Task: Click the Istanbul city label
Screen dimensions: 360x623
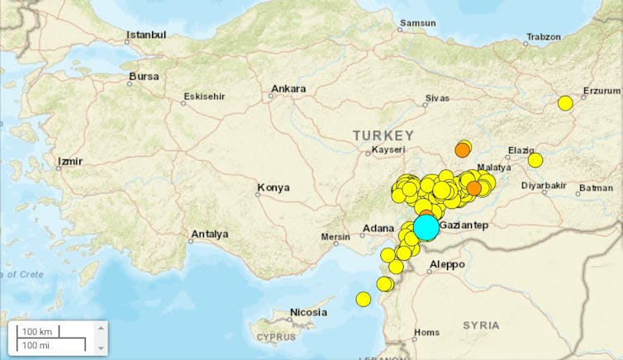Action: pyautogui.click(x=145, y=36)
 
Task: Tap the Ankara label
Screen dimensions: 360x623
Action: pyautogui.click(x=288, y=89)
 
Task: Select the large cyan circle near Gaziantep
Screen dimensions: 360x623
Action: pyautogui.click(x=426, y=227)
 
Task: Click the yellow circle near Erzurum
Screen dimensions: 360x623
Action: pyautogui.click(x=565, y=103)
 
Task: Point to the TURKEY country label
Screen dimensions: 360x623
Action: pyautogui.click(x=383, y=135)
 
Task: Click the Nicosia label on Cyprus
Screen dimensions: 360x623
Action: pyautogui.click(x=308, y=313)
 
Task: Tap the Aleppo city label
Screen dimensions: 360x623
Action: pyautogui.click(x=447, y=265)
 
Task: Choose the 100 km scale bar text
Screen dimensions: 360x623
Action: pyautogui.click(x=36, y=331)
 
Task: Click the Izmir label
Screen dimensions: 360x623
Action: pyautogui.click(x=69, y=162)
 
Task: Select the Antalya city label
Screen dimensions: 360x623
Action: pyautogui.click(x=209, y=234)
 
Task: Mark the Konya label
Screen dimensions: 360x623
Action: pyautogui.click(x=273, y=187)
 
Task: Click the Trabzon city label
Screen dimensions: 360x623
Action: pyautogui.click(x=542, y=37)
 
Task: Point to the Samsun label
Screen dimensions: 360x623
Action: pyautogui.click(x=417, y=23)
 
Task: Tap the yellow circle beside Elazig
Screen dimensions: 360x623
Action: pyautogui.click(x=535, y=159)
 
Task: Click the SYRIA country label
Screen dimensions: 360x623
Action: pyautogui.click(x=482, y=325)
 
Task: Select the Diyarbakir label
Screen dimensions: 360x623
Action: pyautogui.click(x=543, y=185)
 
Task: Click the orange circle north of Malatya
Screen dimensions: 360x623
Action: pyautogui.click(x=463, y=149)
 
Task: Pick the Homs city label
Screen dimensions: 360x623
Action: pyautogui.click(x=426, y=333)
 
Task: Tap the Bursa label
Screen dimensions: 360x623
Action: pyautogui.click(x=143, y=77)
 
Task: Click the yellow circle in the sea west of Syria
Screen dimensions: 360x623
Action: pyautogui.click(x=364, y=299)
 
